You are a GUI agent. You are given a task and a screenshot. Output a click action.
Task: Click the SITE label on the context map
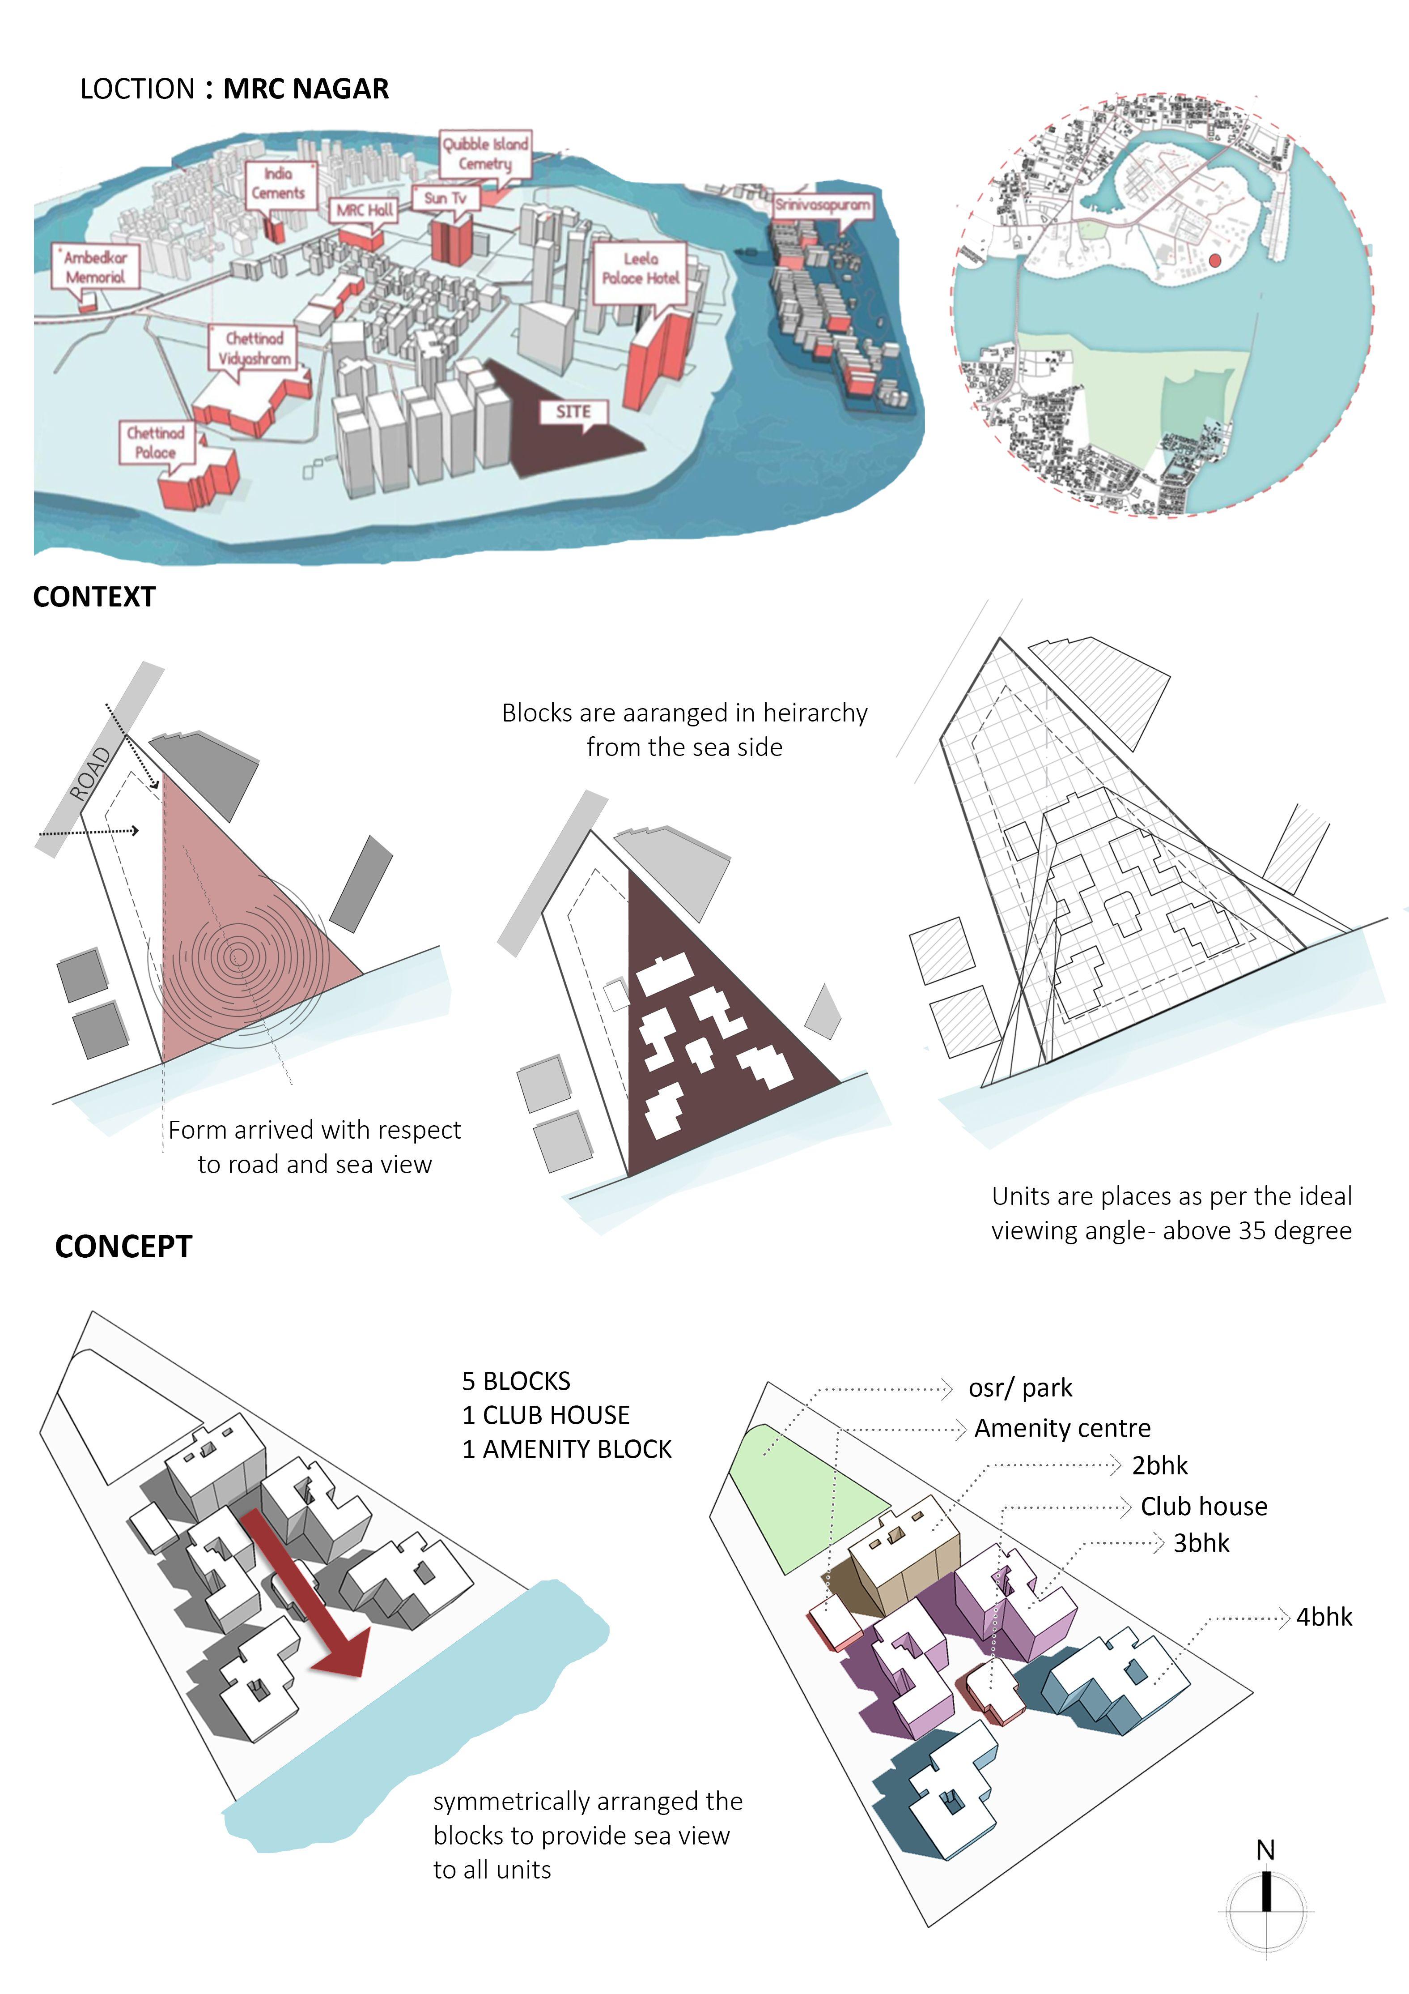(573, 412)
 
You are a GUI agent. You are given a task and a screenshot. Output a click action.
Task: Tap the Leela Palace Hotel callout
(641, 269)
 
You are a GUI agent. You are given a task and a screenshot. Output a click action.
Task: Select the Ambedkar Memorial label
(95, 267)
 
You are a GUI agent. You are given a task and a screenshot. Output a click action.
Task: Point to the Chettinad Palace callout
(155, 442)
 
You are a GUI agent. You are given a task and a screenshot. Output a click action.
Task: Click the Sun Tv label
(446, 198)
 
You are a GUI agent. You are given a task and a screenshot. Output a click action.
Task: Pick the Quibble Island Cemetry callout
(485, 154)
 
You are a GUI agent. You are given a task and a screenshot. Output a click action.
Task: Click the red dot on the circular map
(1214, 260)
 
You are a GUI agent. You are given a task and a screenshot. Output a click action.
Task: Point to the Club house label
(1203, 1506)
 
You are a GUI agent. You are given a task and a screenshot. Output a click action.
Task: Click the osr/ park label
(1020, 1388)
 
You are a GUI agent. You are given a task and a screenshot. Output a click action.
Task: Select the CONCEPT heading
(123, 1246)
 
